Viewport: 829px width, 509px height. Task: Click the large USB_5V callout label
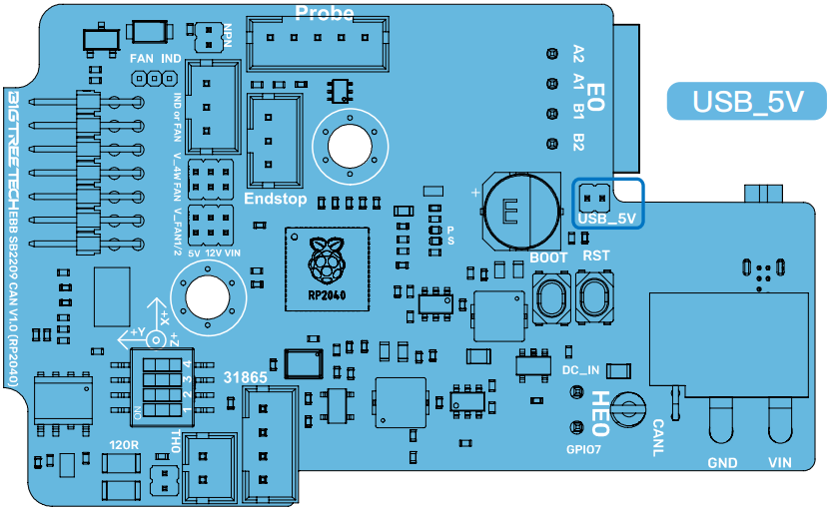point(747,102)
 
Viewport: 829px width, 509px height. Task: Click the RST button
point(595,297)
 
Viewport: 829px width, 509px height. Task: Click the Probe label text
point(325,13)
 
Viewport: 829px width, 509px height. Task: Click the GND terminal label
point(722,463)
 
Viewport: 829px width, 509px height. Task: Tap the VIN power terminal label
point(779,463)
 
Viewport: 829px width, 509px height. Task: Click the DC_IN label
point(580,370)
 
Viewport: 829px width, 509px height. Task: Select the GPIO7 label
point(585,449)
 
